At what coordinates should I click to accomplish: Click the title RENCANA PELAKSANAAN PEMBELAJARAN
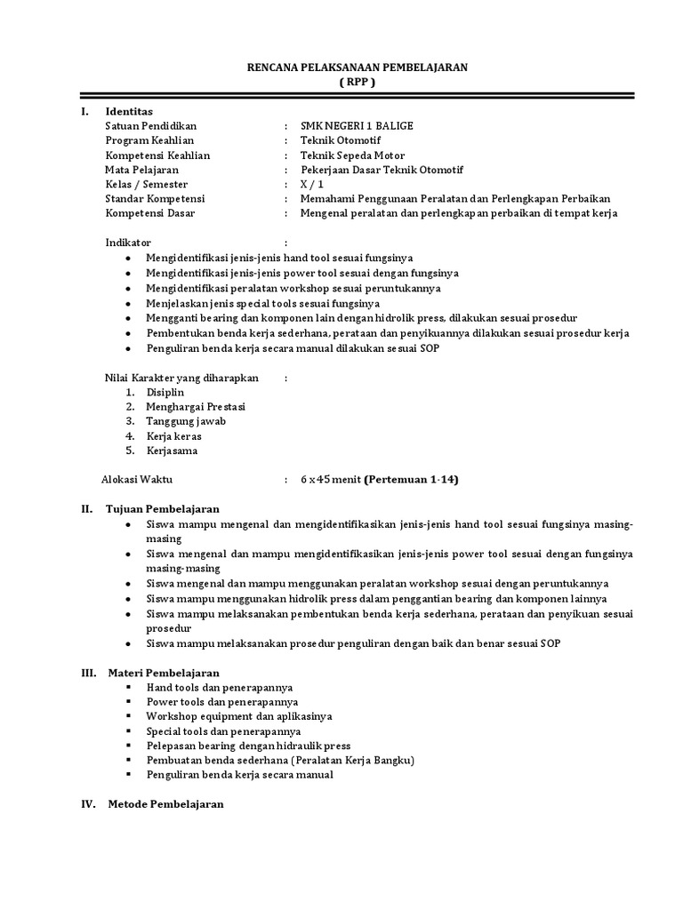[357, 68]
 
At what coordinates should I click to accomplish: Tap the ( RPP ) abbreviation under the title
[358, 82]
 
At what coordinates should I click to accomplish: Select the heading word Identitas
[129, 111]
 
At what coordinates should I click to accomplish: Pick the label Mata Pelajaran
[141, 169]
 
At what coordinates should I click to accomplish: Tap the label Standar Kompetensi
[155, 197]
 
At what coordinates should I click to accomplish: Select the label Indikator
[128, 242]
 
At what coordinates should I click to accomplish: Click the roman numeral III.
[88, 673]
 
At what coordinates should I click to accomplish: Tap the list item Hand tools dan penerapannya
[220, 688]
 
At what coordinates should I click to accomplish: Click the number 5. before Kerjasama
[130, 450]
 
